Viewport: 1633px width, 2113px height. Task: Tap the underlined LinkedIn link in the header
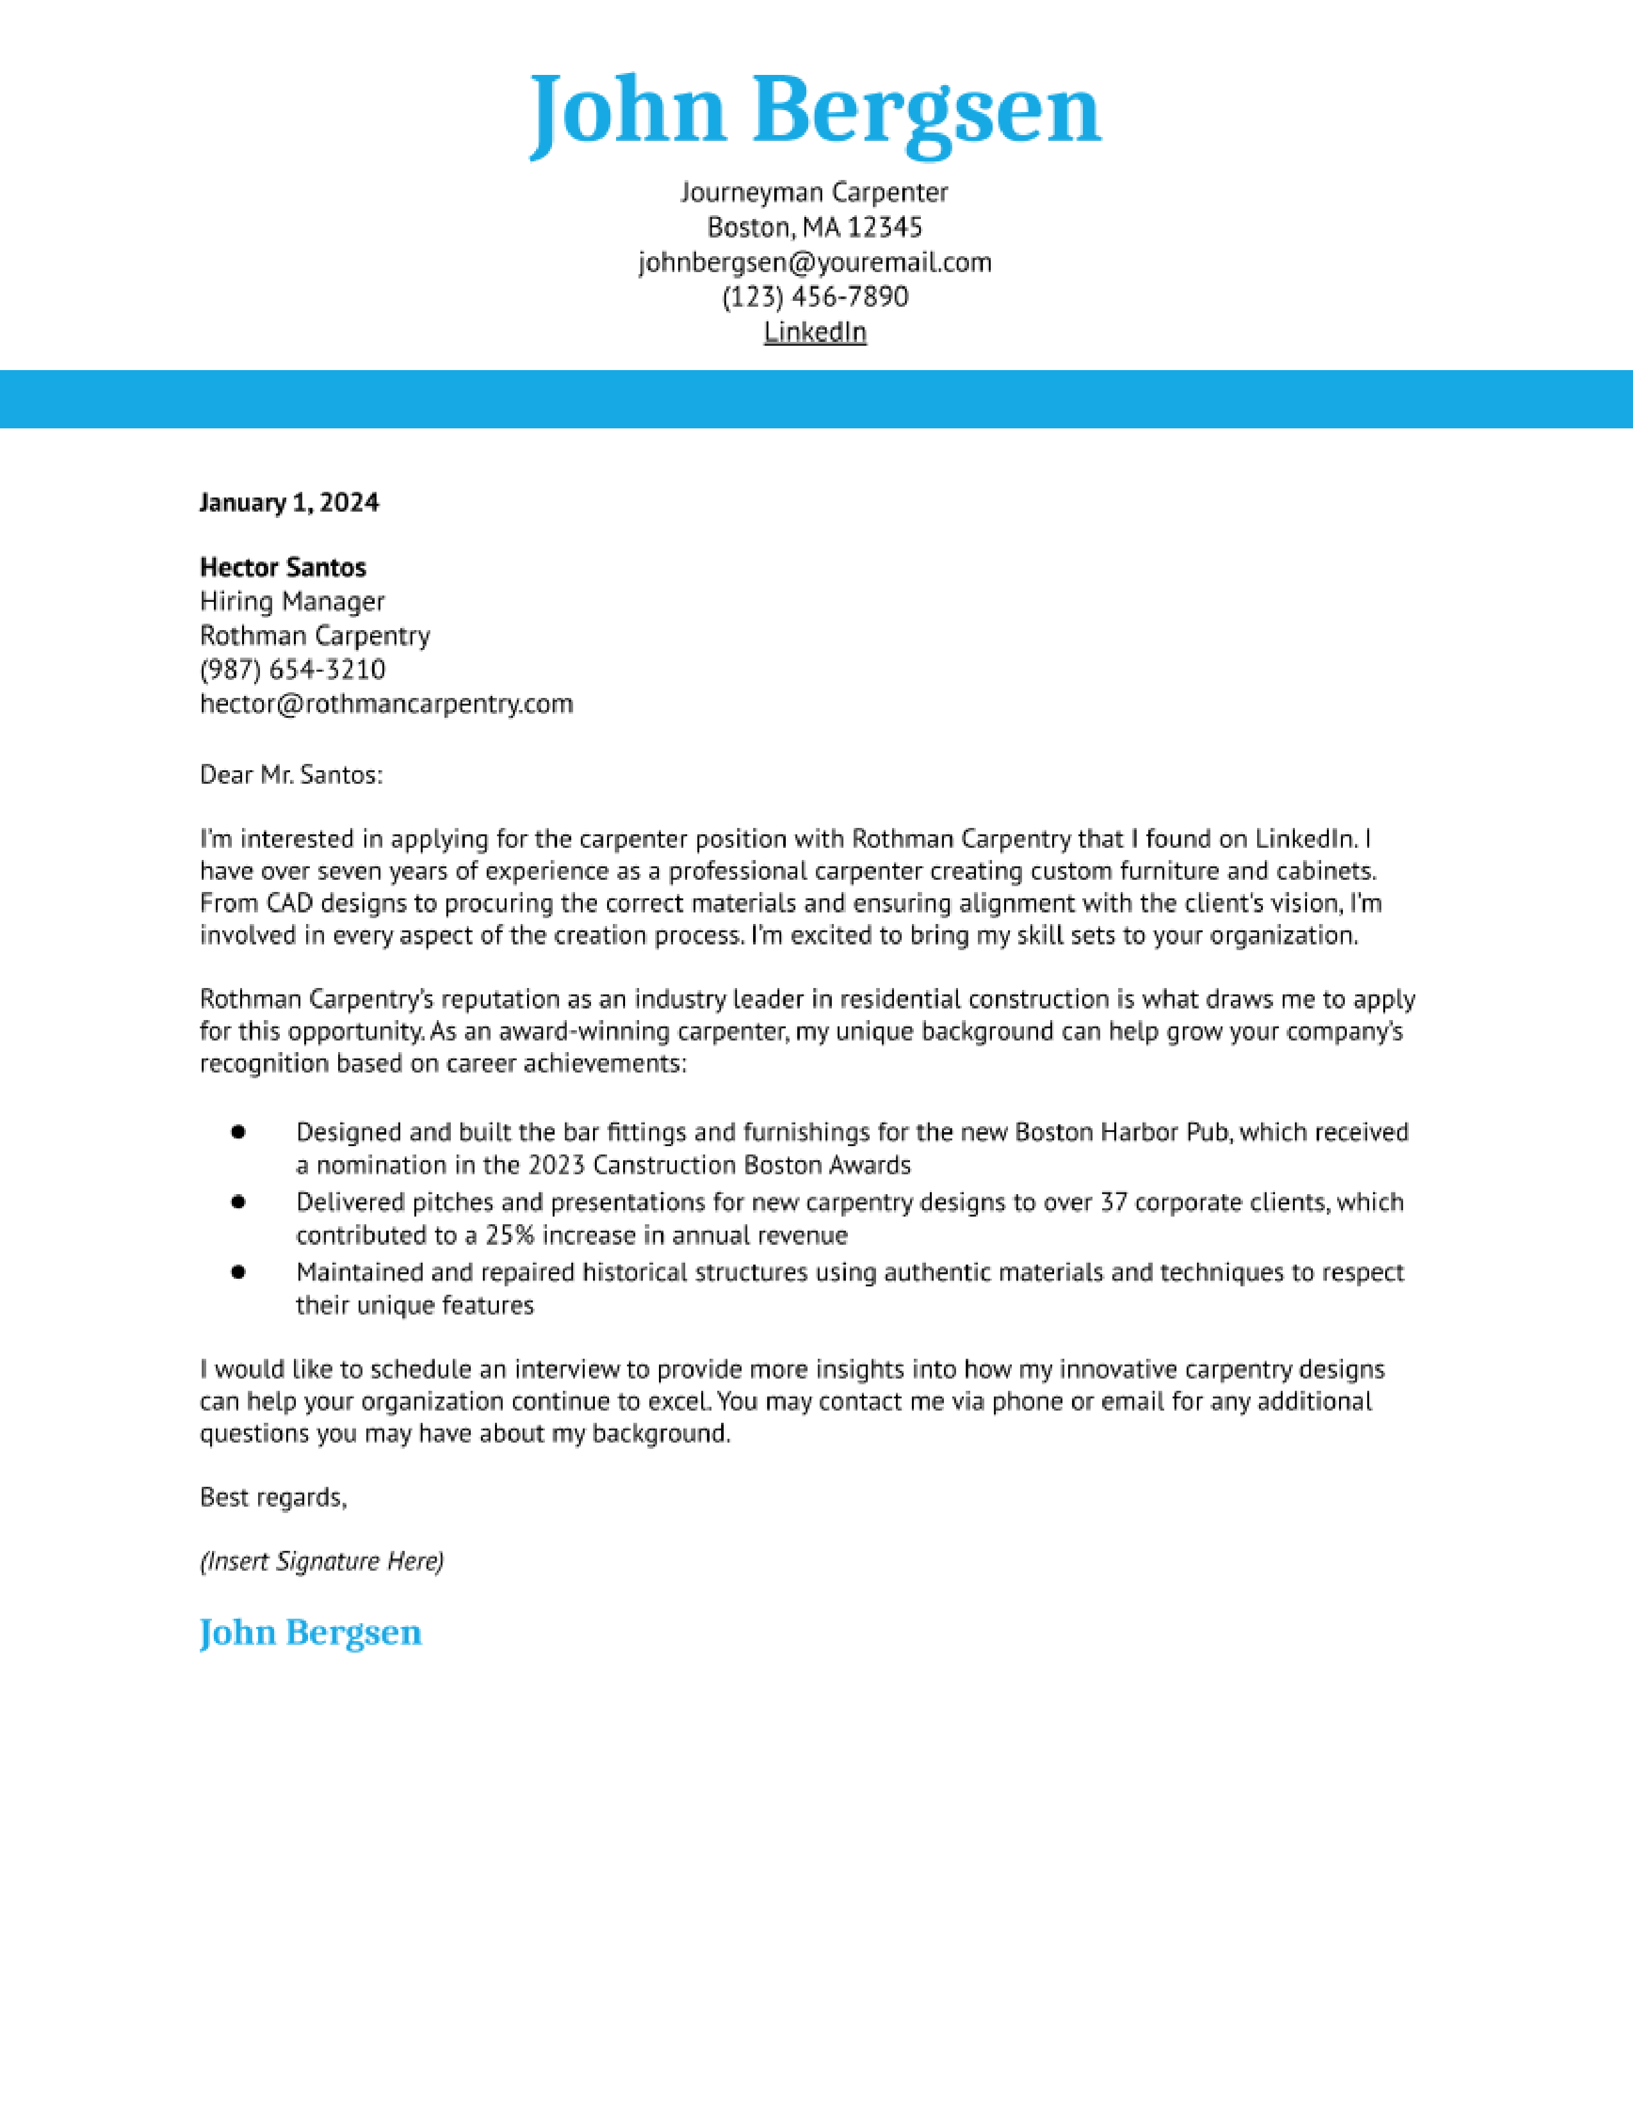(x=815, y=332)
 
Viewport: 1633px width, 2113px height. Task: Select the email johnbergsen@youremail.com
(x=815, y=262)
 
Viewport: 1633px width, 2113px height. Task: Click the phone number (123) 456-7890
(x=815, y=297)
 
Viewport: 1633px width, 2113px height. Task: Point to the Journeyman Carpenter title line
(x=815, y=193)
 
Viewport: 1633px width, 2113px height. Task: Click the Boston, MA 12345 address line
(x=815, y=227)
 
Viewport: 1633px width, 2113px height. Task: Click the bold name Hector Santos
(x=282, y=567)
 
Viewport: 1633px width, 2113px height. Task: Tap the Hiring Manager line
(x=292, y=602)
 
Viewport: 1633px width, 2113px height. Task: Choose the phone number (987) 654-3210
(x=292, y=670)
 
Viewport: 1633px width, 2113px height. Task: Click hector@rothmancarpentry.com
(x=386, y=703)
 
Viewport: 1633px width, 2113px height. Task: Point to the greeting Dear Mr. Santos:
(x=291, y=775)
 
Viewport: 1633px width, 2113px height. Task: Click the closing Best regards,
(x=273, y=1498)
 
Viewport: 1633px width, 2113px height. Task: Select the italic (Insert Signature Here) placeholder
(x=321, y=1562)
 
